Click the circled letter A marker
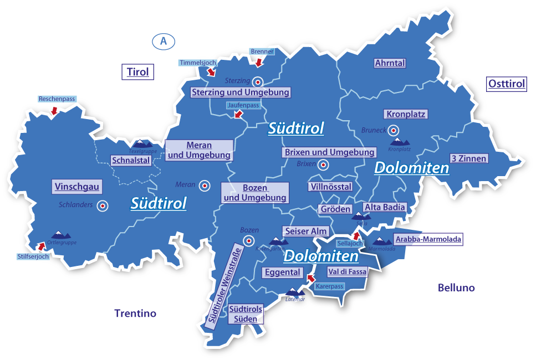163,41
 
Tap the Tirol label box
137,72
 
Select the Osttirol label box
506,84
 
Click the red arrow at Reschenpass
54,111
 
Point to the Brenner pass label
262,52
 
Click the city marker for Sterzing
258,81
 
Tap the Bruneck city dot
393,131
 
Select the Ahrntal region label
390,63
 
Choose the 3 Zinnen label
468,158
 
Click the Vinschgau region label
77,187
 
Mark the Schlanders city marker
102,206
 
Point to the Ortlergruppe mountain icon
60,235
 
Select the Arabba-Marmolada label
427,239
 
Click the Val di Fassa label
346,272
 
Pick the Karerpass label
329,286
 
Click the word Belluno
456,288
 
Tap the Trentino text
135,313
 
